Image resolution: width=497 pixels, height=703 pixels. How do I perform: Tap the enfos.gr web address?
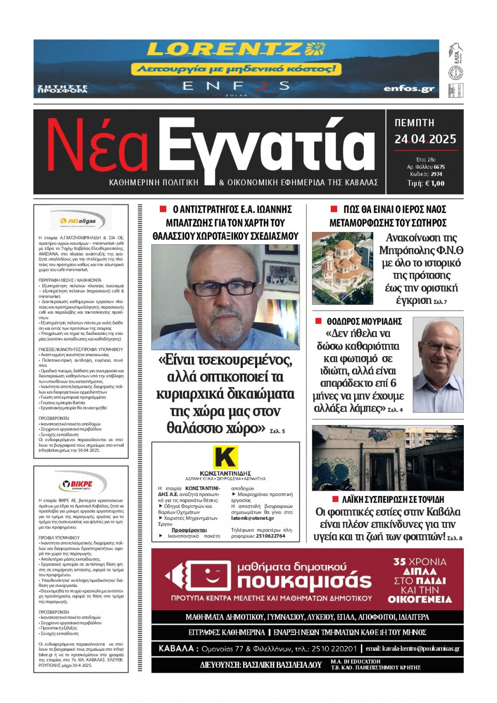click(408, 89)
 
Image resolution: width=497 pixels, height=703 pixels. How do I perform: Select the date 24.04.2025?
click(425, 139)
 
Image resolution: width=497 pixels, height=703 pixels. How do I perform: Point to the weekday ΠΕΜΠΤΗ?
click(414, 123)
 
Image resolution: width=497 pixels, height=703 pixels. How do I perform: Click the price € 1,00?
click(433, 183)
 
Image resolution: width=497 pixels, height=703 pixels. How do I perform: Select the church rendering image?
click(342, 268)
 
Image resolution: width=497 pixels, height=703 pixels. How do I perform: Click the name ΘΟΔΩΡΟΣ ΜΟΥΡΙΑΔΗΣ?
click(364, 321)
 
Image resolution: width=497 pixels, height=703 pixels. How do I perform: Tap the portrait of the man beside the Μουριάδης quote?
click(437, 364)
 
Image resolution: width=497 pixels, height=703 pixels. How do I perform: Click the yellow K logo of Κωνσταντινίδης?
click(225, 457)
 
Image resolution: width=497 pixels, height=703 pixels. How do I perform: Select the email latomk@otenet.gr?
click(252, 518)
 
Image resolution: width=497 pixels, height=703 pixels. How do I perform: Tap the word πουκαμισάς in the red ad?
click(304, 582)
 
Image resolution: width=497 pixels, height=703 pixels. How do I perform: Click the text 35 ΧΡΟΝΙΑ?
click(419, 562)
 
